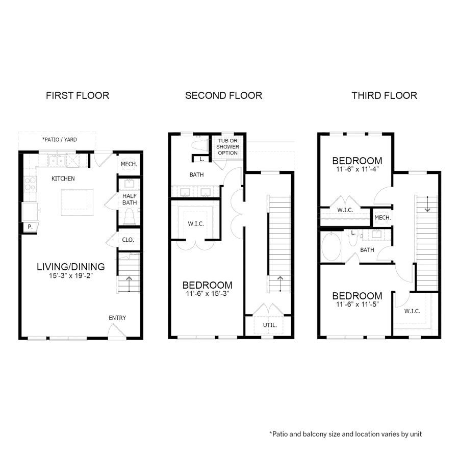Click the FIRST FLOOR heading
click(78, 95)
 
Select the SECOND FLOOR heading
click(223, 95)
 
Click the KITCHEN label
click(63, 178)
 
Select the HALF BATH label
click(129, 199)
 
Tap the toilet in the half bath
click(129, 217)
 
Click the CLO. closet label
click(128, 240)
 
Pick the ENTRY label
click(117, 318)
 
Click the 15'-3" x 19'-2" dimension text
click(70, 276)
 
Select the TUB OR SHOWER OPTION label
click(227, 146)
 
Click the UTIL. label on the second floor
click(270, 324)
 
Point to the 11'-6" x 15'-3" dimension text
click(207, 294)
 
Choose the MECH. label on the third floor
click(382, 218)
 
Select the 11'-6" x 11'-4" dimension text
click(357, 169)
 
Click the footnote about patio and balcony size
click(345, 434)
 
